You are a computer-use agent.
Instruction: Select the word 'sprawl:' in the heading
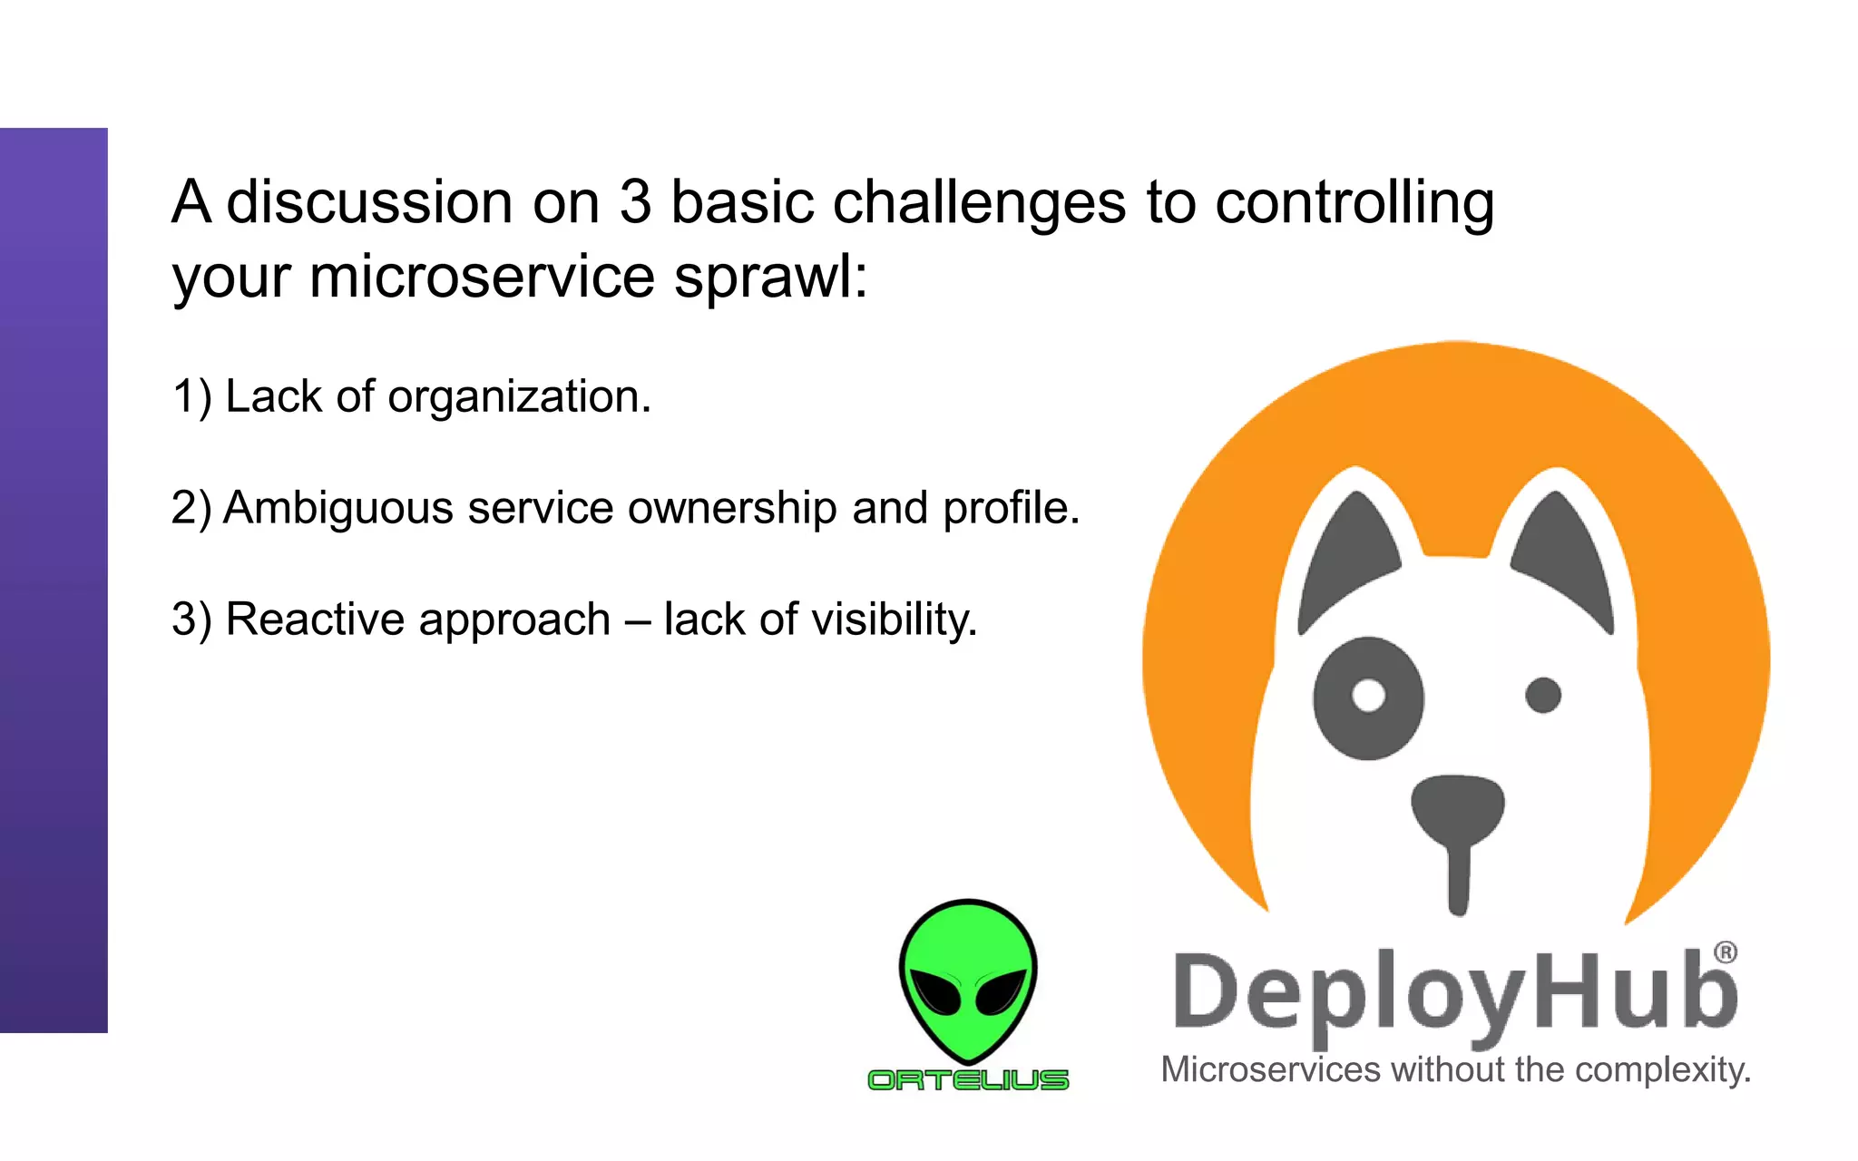770,277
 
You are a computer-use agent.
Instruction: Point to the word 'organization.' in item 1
519,397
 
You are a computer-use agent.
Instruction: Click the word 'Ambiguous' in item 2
337,508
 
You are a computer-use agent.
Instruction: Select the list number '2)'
191,508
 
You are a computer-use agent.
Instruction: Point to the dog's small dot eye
1542,696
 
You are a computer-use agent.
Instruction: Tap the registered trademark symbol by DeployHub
1725,952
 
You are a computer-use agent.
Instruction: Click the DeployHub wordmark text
1454,993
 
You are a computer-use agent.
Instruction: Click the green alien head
968,980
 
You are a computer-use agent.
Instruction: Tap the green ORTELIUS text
968,1080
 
